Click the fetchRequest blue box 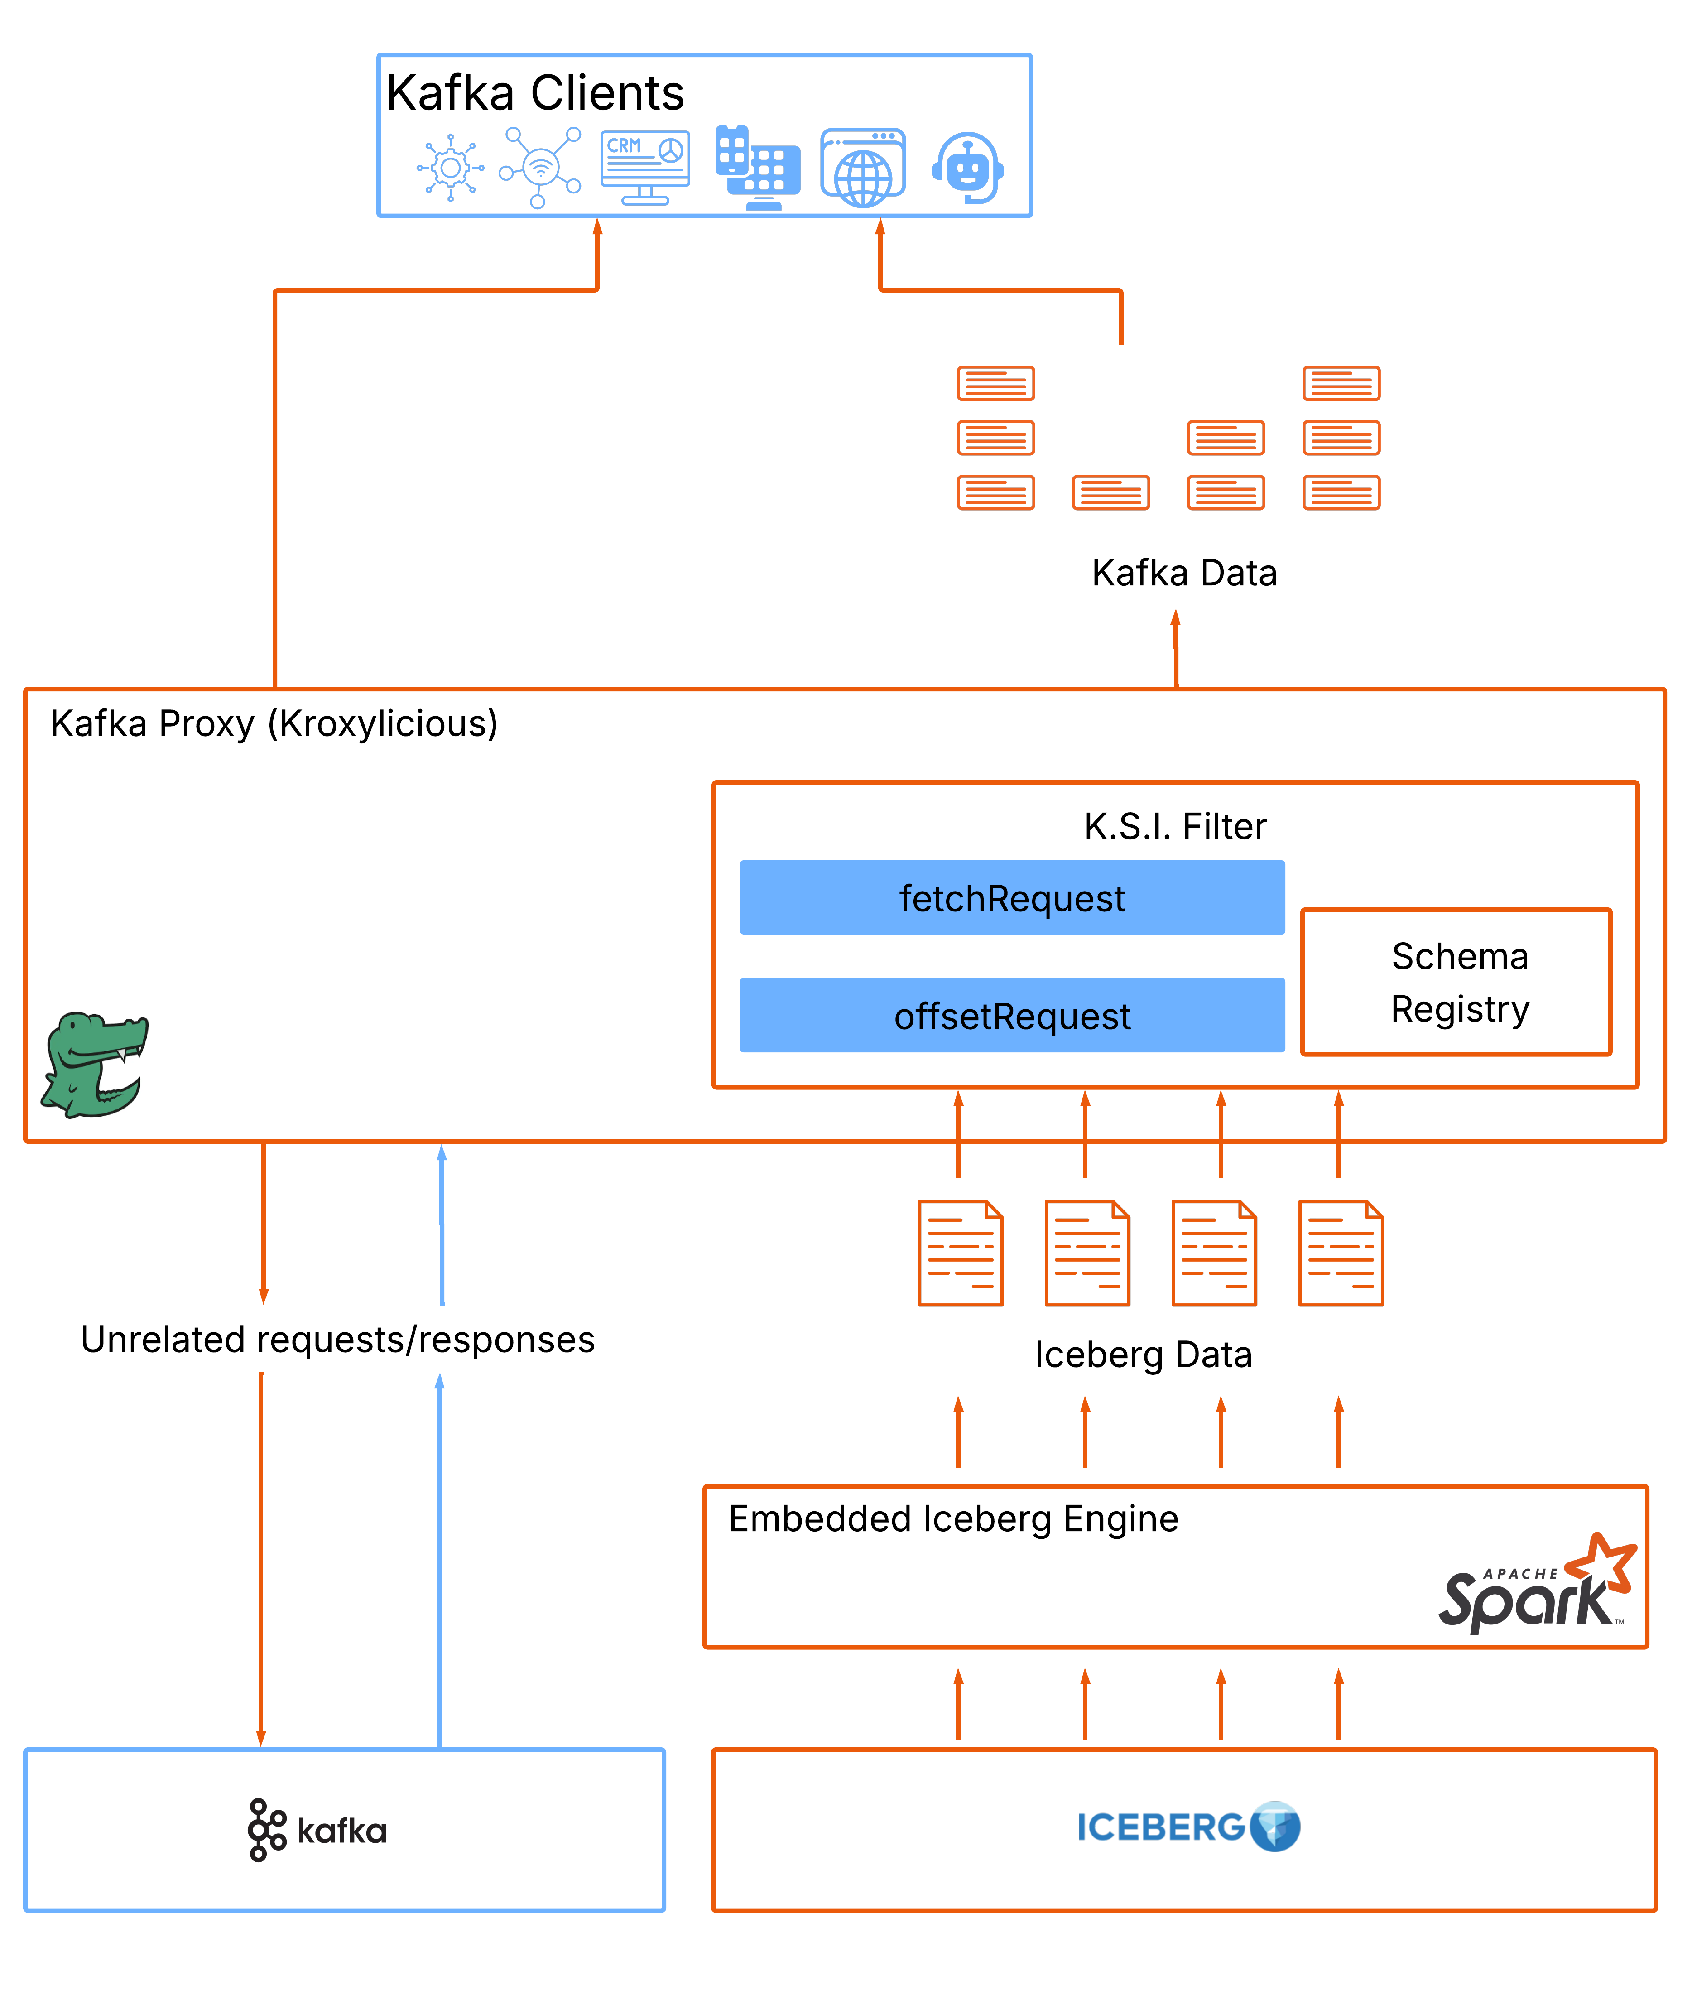[x=1012, y=898]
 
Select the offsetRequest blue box [x=1012, y=1015]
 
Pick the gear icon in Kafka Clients [x=450, y=168]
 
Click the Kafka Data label [x=1184, y=573]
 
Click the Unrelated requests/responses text [x=338, y=1339]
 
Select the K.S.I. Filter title [x=1175, y=826]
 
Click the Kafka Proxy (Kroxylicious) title [x=274, y=723]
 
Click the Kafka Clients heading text [x=535, y=93]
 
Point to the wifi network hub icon [x=540, y=168]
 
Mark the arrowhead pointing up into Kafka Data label [x=1175, y=619]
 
